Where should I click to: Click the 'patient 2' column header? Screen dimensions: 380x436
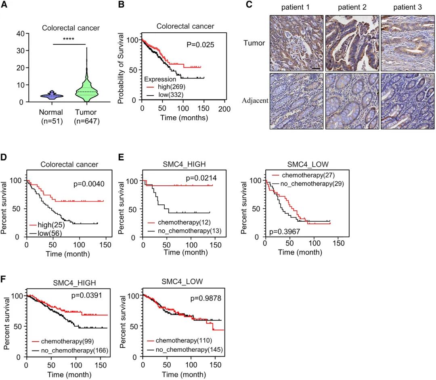[x=352, y=6]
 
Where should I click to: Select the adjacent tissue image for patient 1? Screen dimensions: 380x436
[x=296, y=101]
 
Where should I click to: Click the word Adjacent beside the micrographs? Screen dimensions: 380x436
[x=255, y=101]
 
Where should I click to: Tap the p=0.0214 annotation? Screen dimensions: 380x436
[x=200, y=178]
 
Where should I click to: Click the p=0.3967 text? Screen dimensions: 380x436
[x=283, y=232]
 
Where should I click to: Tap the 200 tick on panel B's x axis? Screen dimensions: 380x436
[x=224, y=109]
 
